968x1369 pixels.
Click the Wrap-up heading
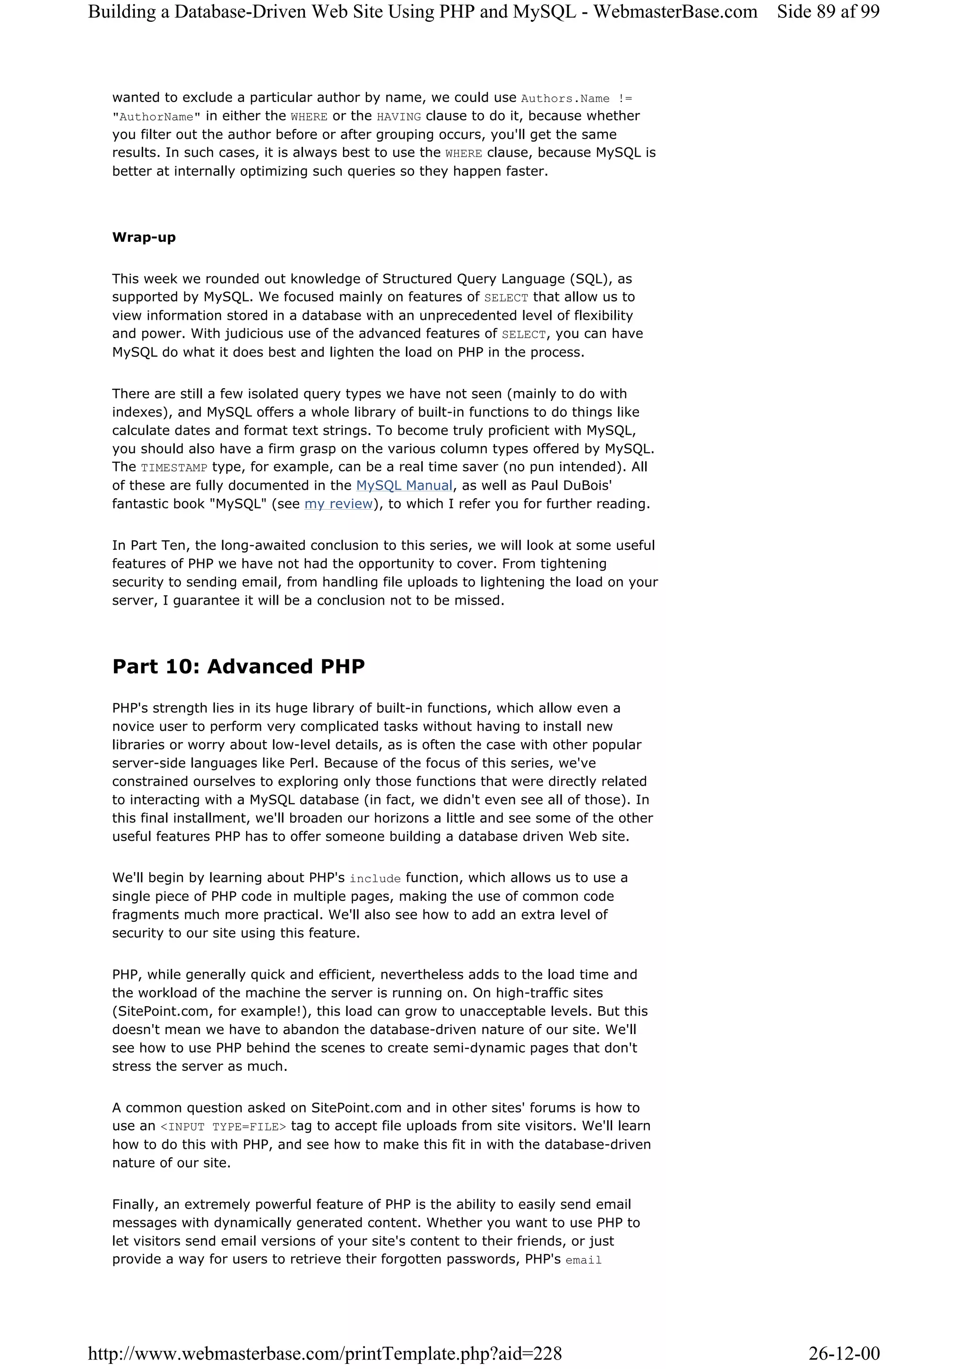[x=144, y=237]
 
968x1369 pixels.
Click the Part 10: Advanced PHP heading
[x=238, y=666]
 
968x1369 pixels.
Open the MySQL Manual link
[x=404, y=485]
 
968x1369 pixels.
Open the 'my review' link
[x=338, y=504]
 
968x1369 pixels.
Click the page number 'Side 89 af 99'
[x=828, y=11]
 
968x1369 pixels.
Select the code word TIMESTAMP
[x=174, y=468]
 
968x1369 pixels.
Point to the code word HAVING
[x=399, y=117]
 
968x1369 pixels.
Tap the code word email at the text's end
[x=583, y=1260]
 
